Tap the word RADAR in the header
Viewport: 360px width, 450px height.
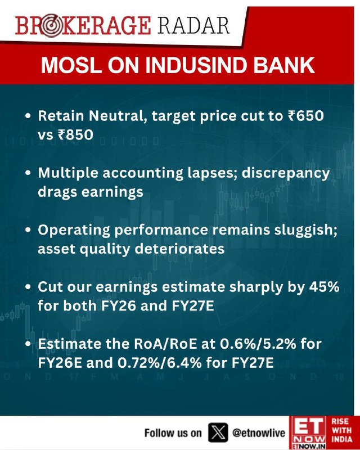[x=193, y=25]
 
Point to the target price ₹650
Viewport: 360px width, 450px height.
[x=305, y=116]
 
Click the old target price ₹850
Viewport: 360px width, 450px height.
[x=75, y=134]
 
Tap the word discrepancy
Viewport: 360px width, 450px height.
[x=286, y=174]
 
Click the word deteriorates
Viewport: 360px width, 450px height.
[x=179, y=249]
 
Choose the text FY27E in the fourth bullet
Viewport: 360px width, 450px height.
[x=192, y=305]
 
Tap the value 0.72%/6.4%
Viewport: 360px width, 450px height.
[x=159, y=363]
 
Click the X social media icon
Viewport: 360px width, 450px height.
[x=218, y=433]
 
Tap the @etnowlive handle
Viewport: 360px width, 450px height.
[x=259, y=433]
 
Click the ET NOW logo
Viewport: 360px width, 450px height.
[x=308, y=433]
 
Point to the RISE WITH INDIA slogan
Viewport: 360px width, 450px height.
[x=341, y=430]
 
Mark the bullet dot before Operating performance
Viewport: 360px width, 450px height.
[x=28, y=230]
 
